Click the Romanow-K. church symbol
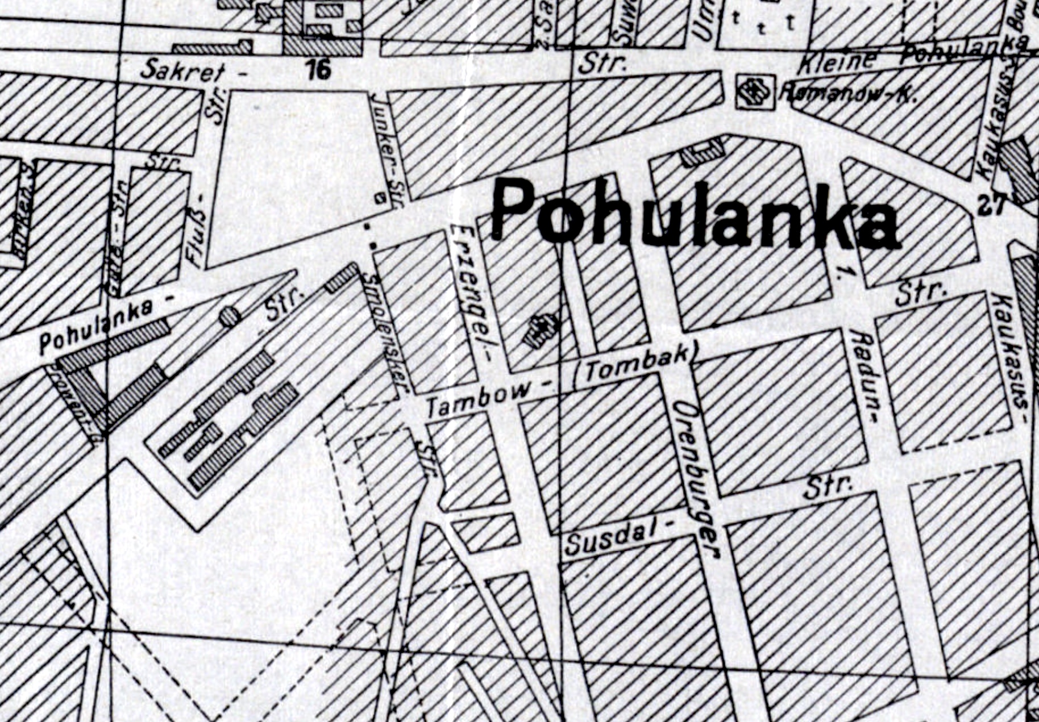pyautogui.click(x=754, y=91)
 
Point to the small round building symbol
pyautogui.click(x=230, y=316)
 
